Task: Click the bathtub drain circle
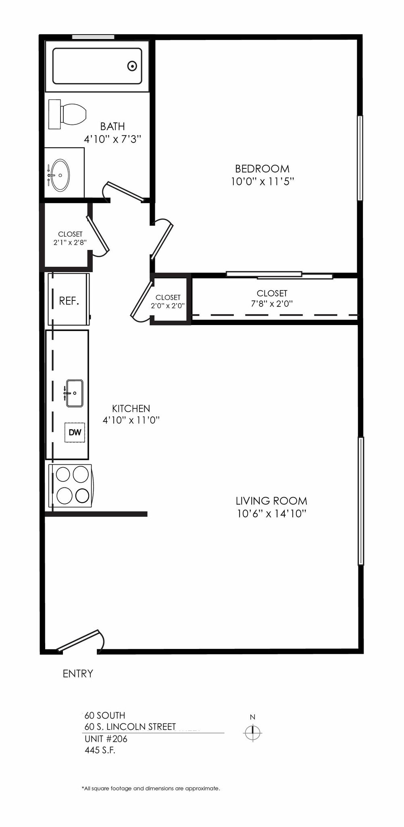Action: [132, 66]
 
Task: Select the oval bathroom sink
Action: [60, 175]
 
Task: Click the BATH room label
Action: [112, 126]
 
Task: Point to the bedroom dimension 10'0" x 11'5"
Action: [262, 181]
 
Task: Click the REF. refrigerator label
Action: [69, 301]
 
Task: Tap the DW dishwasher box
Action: [75, 432]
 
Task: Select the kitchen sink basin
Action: [75, 393]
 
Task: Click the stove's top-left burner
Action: [63, 474]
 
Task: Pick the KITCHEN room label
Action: [131, 408]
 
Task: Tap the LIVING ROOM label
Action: [271, 501]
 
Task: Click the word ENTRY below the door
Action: [78, 674]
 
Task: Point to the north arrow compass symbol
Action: [253, 732]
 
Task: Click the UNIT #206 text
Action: [106, 739]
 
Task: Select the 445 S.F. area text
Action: [100, 750]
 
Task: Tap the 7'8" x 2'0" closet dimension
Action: [272, 304]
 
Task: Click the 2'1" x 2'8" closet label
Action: [70, 242]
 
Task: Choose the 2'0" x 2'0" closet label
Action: [168, 306]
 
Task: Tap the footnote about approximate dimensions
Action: [151, 788]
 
